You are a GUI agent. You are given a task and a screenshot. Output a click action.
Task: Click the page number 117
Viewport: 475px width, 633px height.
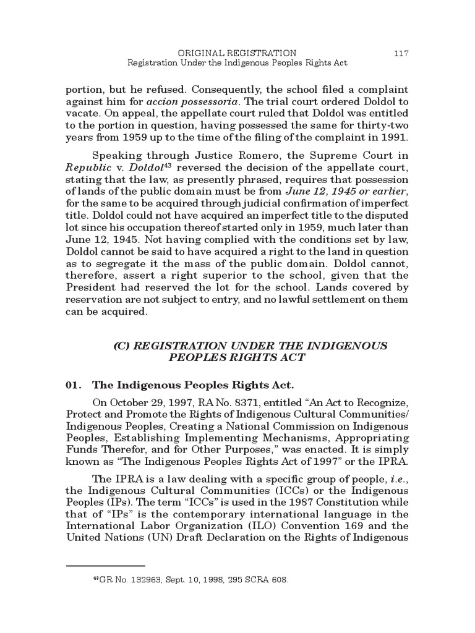click(401, 53)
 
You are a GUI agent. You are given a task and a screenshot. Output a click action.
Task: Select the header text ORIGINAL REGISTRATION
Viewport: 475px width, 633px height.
click(237, 53)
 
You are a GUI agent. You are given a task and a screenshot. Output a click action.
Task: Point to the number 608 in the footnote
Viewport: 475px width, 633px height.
click(278, 581)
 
